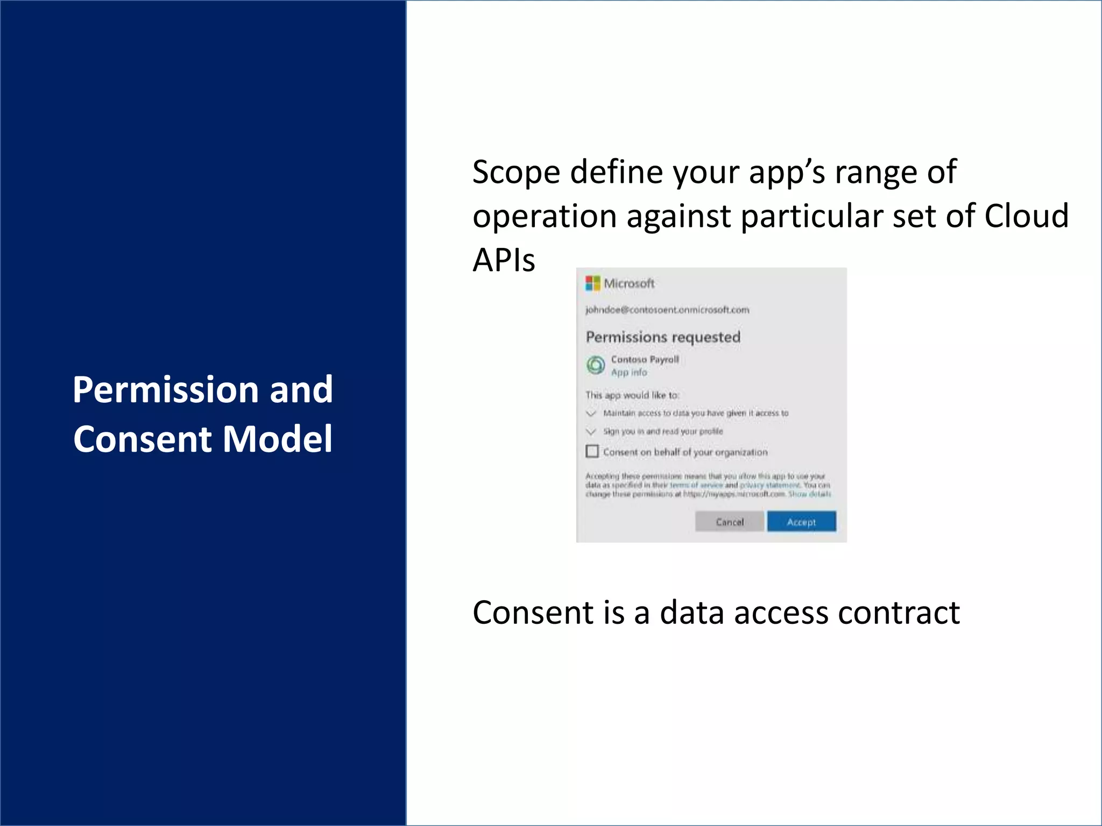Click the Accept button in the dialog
pos(801,522)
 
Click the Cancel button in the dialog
pos(729,522)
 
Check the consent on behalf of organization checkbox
pos(592,451)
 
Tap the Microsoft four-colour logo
pos(592,283)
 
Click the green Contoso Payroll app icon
pos(596,365)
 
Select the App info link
pos(628,372)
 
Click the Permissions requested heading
pos(663,337)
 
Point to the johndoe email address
pos(667,310)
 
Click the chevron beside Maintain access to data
pos(591,414)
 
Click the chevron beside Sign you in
pos(591,432)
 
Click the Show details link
pos(809,494)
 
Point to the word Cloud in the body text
pos(1026,216)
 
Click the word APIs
pos(504,260)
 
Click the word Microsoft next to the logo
pos(629,283)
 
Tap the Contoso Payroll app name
pos(645,359)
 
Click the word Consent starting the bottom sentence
pos(533,613)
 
